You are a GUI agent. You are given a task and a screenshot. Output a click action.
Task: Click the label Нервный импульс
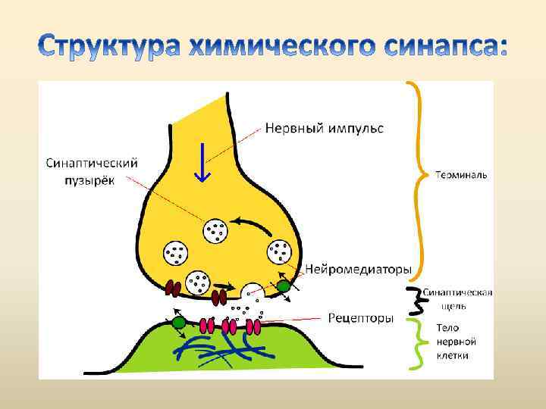coord(324,128)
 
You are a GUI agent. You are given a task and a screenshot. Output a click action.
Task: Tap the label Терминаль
coord(461,175)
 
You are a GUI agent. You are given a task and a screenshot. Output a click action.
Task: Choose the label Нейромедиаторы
coord(359,269)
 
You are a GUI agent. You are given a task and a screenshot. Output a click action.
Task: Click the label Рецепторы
coord(360,318)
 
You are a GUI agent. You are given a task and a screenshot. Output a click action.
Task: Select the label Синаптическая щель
coord(457,299)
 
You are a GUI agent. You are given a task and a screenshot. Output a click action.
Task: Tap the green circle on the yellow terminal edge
coord(283,286)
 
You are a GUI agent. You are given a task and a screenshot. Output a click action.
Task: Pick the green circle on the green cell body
coord(179,323)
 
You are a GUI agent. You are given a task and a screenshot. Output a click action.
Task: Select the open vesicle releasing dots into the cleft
coord(251,292)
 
